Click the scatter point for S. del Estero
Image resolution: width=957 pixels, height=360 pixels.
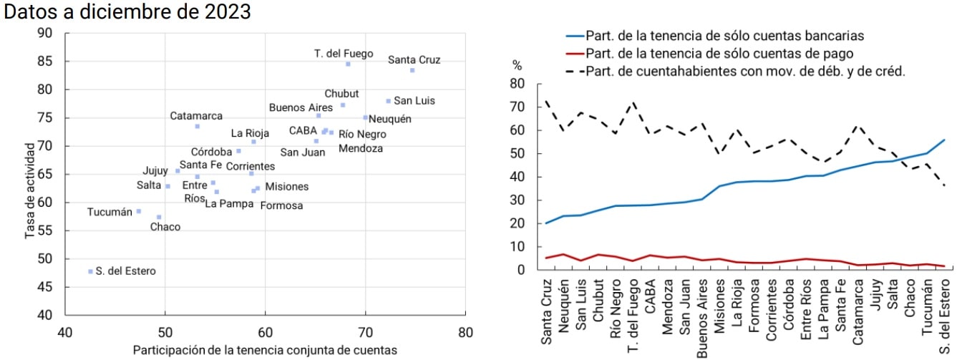pos(90,271)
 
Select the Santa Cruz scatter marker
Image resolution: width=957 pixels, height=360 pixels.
pos(412,70)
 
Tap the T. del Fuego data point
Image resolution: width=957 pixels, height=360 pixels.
pos(348,64)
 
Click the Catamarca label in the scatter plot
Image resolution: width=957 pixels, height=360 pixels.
pos(196,116)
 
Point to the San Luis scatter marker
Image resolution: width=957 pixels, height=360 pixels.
pos(389,101)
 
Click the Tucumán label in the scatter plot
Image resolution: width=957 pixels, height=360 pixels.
pos(110,212)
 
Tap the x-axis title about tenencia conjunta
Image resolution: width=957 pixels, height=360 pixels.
pos(265,350)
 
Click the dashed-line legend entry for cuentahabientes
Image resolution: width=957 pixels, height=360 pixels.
pos(737,71)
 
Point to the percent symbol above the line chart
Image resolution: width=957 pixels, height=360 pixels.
pos(517,65)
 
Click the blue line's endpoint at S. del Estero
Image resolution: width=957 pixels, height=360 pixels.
pos(945,140)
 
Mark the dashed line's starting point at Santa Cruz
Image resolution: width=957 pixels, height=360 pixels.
pos(546,101)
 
